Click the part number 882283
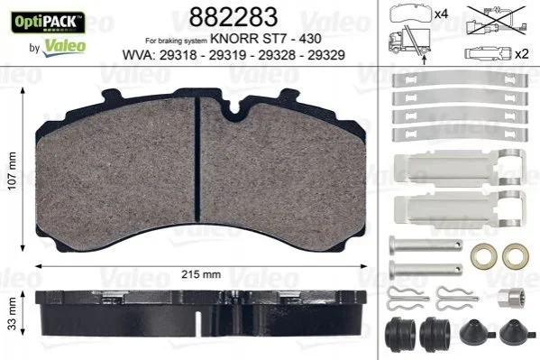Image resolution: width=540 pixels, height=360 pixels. [x=233, y=17]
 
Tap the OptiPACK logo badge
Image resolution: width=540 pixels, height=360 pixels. [x=48, y=23]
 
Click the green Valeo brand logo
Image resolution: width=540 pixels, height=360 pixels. [x=64, y=47]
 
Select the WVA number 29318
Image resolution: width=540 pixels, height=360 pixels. [x=178, y=55]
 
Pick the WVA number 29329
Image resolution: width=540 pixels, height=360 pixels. [x=326, y=55]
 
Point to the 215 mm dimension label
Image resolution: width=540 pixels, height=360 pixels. [x=201, y=274]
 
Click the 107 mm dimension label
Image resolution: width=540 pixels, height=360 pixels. [x=12, y=171]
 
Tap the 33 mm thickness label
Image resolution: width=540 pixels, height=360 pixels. [x=12, y=313]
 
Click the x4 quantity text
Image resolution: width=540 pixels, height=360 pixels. [x=441, y=14]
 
